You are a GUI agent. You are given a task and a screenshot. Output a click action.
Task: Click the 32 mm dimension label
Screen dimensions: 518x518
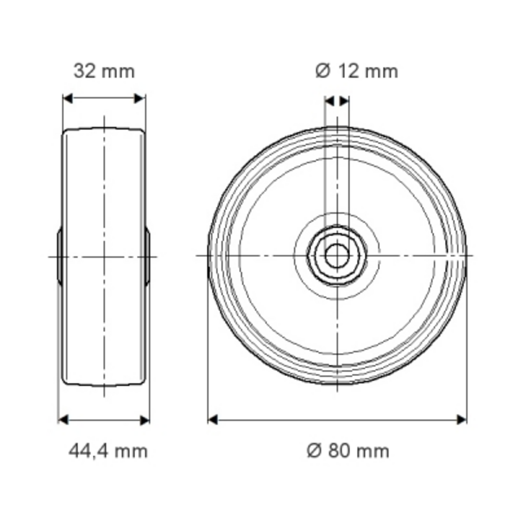(104, 71)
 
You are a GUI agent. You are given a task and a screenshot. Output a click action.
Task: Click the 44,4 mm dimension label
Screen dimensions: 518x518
(108, 451)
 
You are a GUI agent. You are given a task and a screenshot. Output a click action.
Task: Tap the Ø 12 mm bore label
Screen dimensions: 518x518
(357, 71)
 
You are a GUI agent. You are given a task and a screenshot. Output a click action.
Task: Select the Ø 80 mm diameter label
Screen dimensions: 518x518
(348, 451)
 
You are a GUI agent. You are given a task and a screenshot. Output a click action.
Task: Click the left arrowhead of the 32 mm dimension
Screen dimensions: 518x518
(68, 98)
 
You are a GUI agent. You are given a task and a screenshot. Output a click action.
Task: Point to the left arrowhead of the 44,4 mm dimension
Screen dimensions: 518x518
(63, 419)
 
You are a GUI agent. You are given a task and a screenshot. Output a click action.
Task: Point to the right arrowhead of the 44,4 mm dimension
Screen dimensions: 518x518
(145, 419)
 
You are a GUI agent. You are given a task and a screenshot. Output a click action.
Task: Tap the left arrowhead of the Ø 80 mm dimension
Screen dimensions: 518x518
(212, 419)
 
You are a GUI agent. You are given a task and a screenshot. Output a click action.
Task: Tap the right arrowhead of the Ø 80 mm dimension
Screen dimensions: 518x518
(461, 419)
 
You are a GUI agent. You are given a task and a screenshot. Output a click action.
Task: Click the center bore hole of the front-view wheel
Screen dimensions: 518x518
(337, 256)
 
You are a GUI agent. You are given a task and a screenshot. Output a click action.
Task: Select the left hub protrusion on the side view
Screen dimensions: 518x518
(60, 256)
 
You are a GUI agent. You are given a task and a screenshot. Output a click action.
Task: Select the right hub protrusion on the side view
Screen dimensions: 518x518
(148, 256)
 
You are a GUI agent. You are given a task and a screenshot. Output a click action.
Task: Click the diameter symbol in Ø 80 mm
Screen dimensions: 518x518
(315, 451)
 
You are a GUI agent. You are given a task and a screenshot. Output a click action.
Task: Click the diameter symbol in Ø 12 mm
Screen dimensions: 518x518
(323, 71)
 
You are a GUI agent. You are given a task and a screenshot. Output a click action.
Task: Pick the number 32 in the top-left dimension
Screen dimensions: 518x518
(84, 71)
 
